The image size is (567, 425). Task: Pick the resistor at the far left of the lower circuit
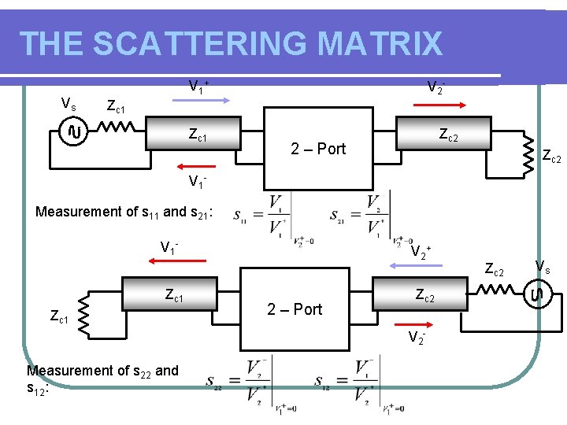click(x=85, y=316)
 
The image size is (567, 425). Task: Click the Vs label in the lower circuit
click(x=543, y=266)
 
